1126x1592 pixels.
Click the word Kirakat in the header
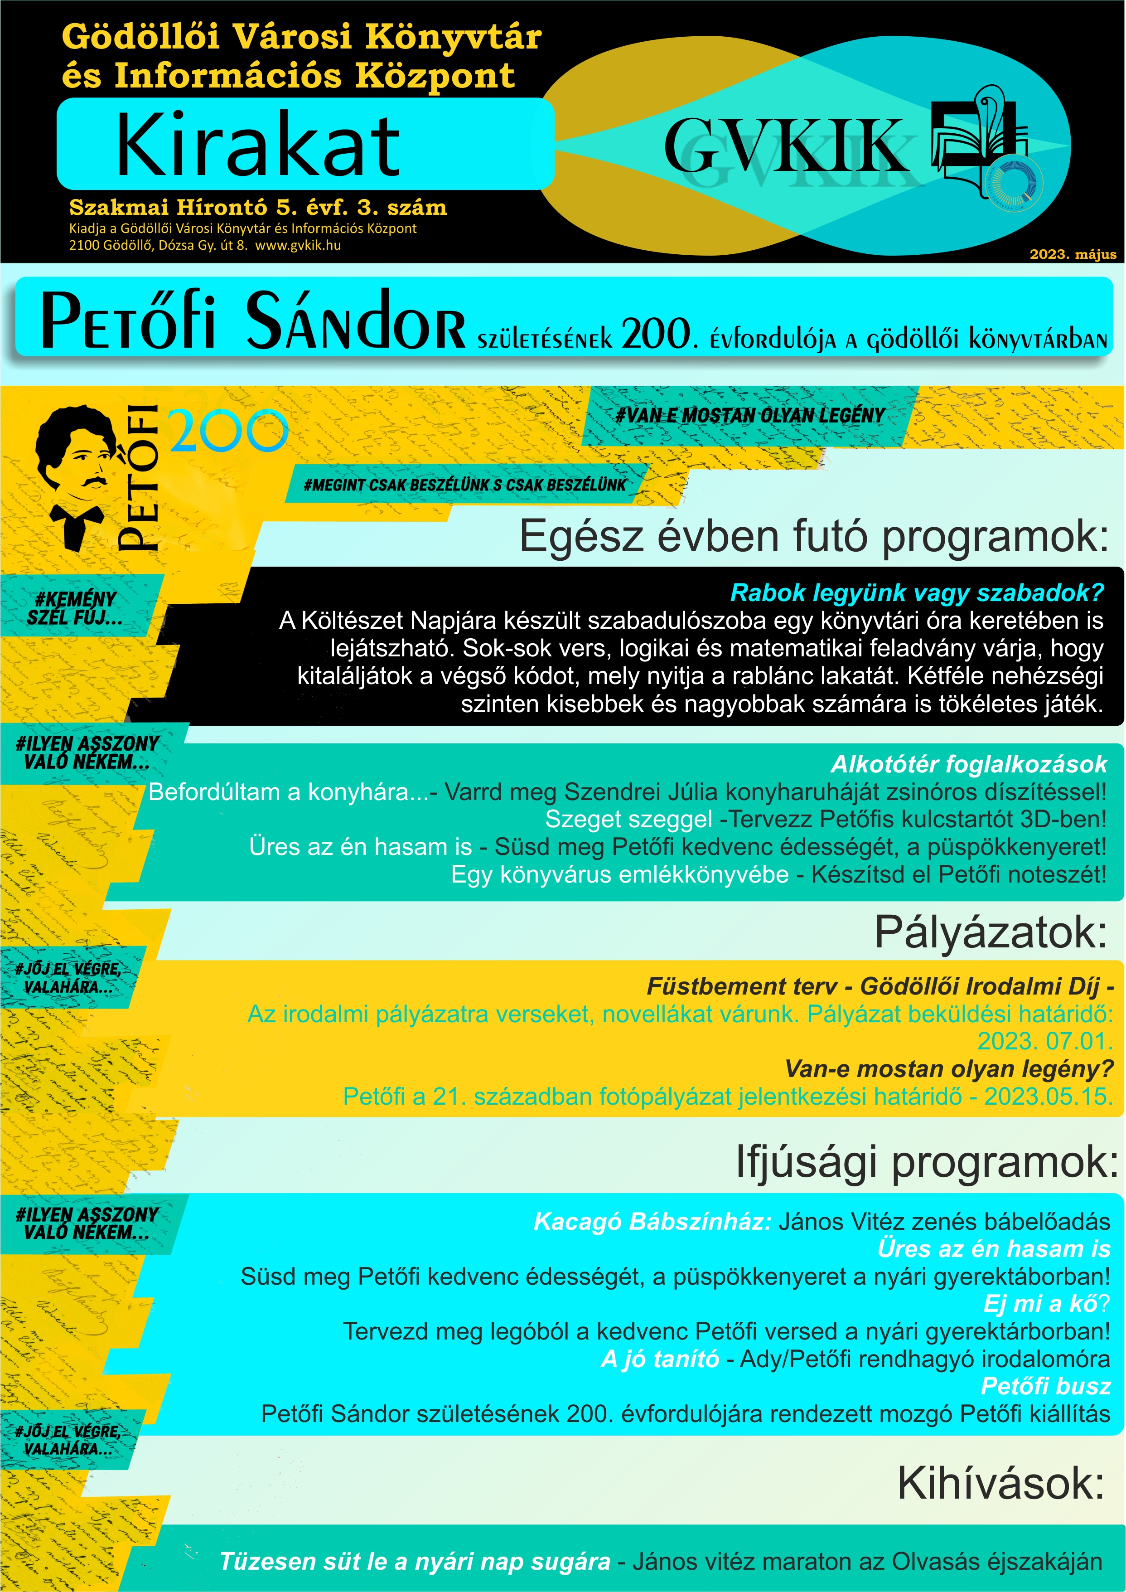258,145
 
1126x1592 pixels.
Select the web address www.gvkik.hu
298,245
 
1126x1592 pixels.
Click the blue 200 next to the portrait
228,431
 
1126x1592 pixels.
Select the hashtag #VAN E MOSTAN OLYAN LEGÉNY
749,416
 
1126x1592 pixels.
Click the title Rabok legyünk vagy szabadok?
917,592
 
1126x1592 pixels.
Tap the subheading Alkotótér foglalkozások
969,764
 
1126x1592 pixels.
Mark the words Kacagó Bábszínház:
652,1221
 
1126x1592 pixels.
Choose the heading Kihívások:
1000,1483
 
